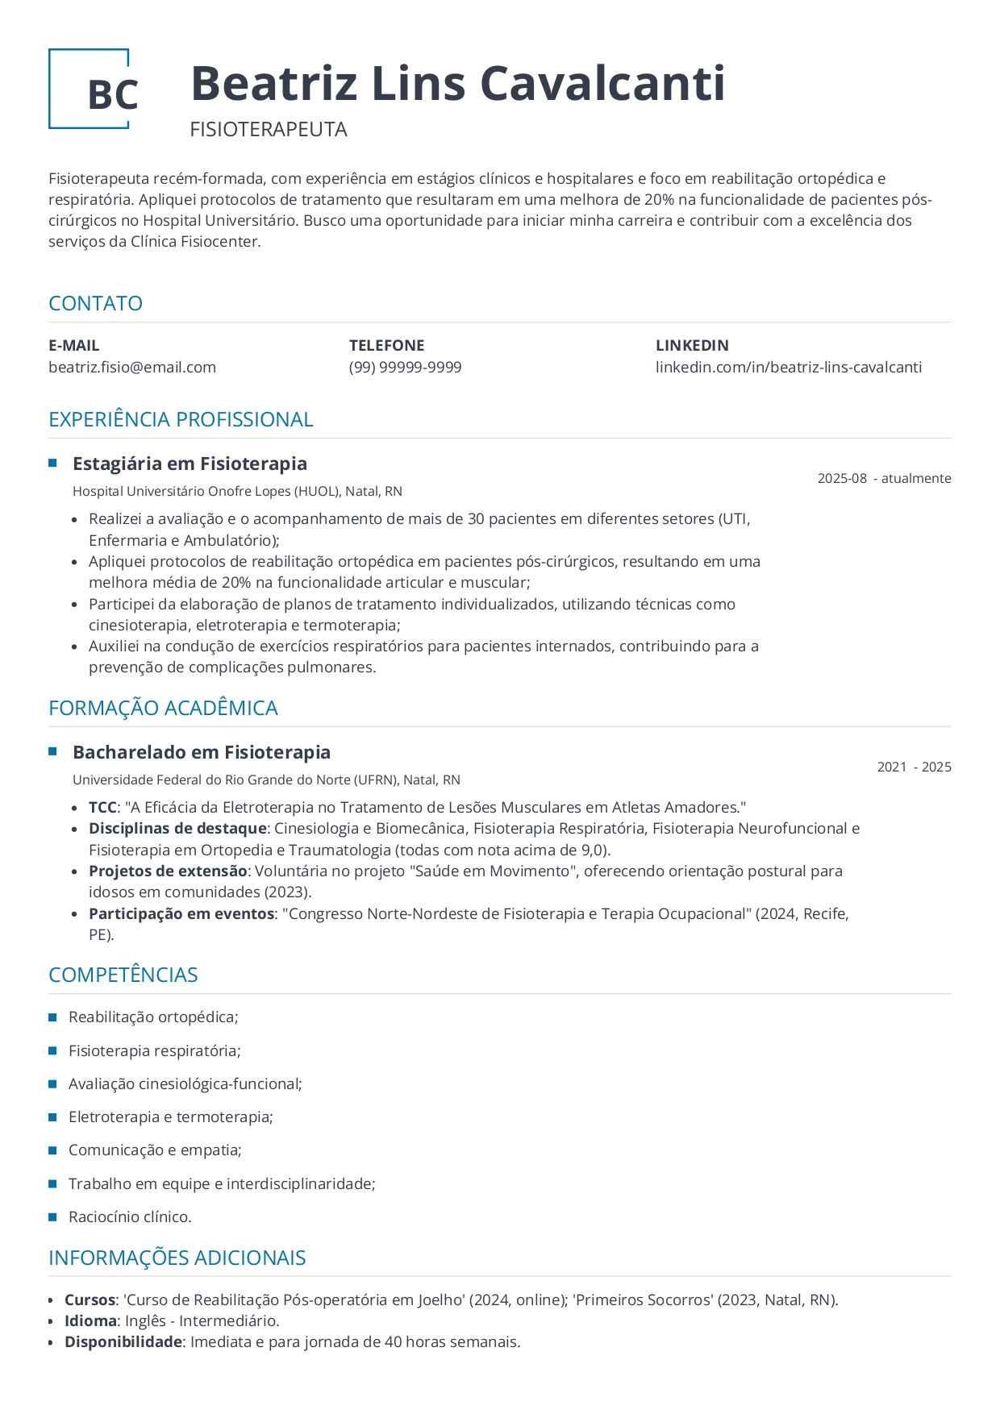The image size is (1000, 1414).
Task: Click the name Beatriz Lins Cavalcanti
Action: [457, 84]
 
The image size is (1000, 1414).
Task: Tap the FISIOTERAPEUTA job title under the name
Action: [269, 130]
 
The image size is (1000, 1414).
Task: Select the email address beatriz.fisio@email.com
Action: [132, 368]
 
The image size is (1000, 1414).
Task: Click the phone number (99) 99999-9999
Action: [405, 368]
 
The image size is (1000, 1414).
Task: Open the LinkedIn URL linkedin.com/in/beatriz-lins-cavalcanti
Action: [788, 368]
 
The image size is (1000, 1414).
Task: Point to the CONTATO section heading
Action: [95, 303]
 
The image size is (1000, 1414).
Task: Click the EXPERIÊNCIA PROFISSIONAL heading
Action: [181, 419]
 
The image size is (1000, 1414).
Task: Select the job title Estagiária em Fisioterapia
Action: [190, 464]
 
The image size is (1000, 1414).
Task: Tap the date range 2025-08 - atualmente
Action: [884, 478]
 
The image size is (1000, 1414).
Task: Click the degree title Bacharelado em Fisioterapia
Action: [202, 752]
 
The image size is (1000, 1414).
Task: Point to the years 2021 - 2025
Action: [914, 767]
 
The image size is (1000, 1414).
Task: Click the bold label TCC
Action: [102, 807]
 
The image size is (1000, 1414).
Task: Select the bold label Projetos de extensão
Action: [168, 871]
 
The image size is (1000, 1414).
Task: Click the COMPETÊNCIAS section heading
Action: [123, 975]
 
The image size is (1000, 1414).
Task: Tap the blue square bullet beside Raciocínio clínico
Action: [53, 1216]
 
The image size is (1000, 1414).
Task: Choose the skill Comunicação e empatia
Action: [155, 1150]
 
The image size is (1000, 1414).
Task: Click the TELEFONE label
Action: [386, 345]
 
